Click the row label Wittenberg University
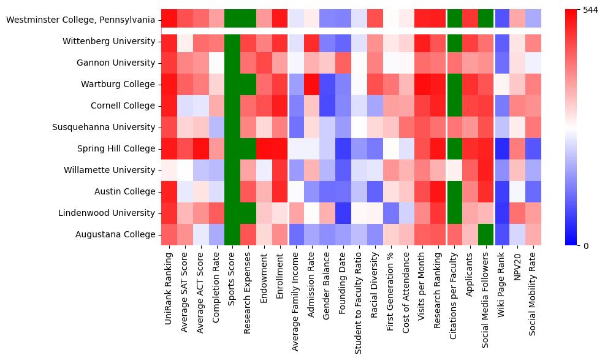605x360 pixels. click(108, 42)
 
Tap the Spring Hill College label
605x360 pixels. click(114, 149)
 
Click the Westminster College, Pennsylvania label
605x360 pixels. click(80, 20)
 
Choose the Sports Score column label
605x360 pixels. click(232, 284)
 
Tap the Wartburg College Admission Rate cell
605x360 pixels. click(311, 85)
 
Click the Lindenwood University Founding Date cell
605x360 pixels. click(343, 213)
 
